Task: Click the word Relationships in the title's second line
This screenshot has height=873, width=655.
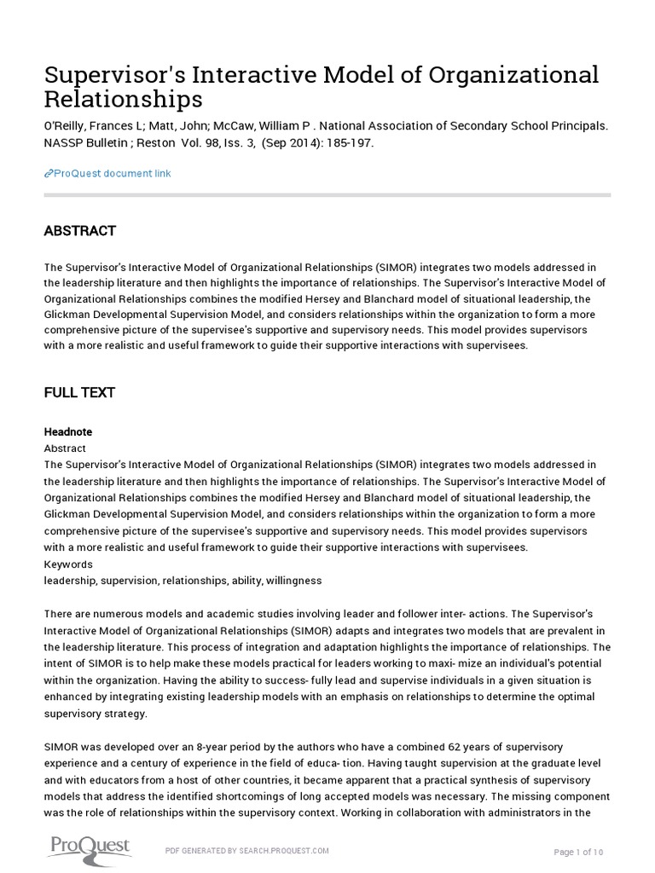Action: click(124, 101)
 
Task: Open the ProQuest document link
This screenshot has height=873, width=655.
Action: click(112, 173)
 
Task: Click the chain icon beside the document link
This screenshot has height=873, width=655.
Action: click(49, 173)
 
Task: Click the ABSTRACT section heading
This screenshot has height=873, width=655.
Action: click(79, 231)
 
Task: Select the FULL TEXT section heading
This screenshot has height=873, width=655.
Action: click(79, 393)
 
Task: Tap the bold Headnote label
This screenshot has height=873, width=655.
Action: click(67, 432)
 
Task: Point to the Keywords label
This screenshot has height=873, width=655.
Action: click(68, 564)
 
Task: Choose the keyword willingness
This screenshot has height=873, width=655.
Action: click(293, 580)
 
